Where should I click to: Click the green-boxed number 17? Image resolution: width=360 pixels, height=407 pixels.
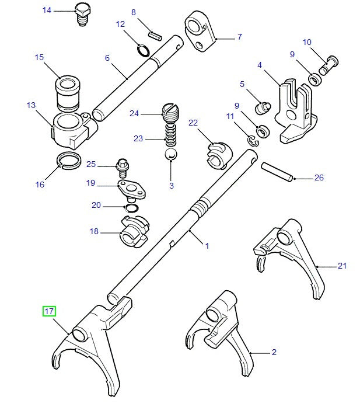49,312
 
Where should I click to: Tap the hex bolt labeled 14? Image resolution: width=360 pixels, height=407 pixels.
83,12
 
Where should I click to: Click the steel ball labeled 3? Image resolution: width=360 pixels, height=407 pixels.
170,155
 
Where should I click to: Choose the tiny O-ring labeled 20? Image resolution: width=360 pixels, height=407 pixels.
131,208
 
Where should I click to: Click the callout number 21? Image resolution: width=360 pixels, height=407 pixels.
342,266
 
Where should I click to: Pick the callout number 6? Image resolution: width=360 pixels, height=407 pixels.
107,58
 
